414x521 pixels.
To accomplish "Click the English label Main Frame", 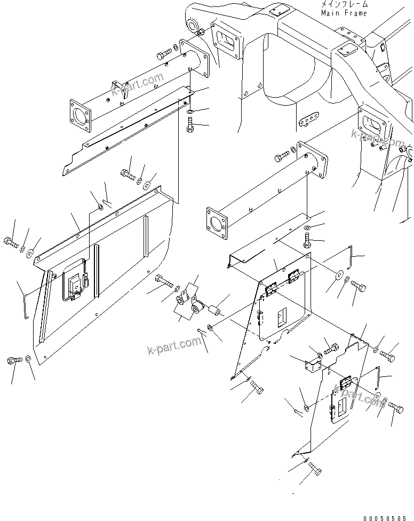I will (x=344, y=13).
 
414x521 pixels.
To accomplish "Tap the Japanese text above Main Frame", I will (x=344, y=4).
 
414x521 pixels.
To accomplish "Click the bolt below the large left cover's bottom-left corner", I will (x=13, y=361).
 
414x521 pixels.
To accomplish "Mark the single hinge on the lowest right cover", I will (x=346, y=383).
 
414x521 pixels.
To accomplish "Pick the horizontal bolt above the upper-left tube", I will (x=165, y=54).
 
